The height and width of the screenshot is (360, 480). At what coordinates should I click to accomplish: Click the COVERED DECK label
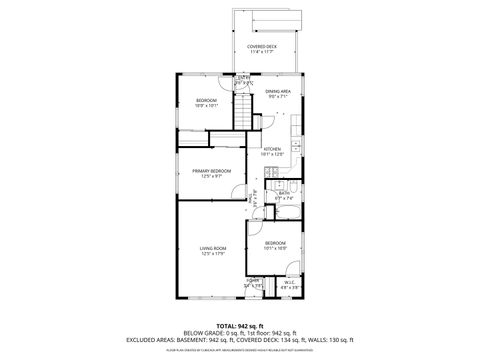click(x=264, y=47)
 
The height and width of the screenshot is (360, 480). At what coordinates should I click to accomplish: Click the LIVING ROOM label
click(x=213, y=248)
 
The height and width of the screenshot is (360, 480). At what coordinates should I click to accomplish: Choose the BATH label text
click(x=284, y=193)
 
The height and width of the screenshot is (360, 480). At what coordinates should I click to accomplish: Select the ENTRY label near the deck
click(x=242, y=78)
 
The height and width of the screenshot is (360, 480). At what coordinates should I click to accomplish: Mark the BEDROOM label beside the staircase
click(x=205, y=102)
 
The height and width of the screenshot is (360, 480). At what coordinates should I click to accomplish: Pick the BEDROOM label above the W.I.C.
click(x=276, y=242)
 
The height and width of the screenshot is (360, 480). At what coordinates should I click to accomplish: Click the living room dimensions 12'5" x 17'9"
click(x=213, y=254)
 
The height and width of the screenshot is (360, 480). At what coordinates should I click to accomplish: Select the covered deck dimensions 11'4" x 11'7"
click(x=264, y=53)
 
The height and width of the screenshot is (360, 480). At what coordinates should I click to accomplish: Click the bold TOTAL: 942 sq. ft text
click(x=239, y=324)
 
